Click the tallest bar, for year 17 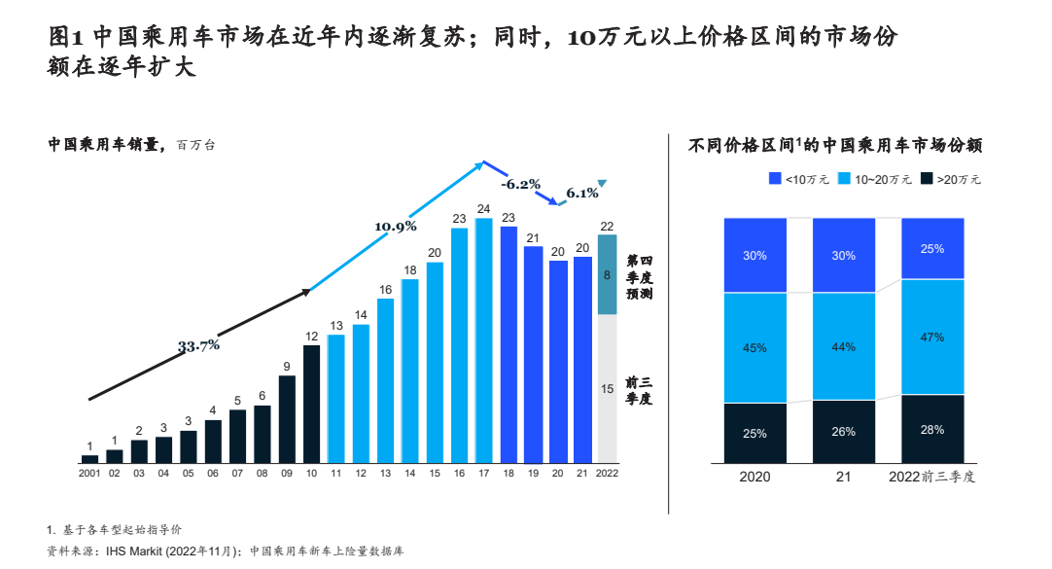click(x=483, y=340)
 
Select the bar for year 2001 click(x=89, y=458)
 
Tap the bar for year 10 click(x=311, y=404)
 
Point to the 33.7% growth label click(x=198, y=345)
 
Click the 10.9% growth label click(x=396, y=227)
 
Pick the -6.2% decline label click(x=521, y=184)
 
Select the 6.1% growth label click(x=581, y=193)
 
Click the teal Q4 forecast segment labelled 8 click(x=607, y=275)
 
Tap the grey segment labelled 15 click(x=607, y=389)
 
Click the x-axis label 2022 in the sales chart click(x=607, y=473)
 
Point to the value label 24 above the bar click(x=483, y=209)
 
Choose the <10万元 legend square click(x=775, y=178)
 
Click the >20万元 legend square click(x=927, y=178)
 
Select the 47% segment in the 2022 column click(x=933, y=337)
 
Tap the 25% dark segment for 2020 click(x=754, y=433)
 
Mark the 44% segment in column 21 click(x=844, y=346)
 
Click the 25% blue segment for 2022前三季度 click(x=933, y=248)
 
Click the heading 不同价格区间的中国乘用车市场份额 click(x=835, y=146)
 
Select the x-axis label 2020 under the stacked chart click(x=754, y=477)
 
